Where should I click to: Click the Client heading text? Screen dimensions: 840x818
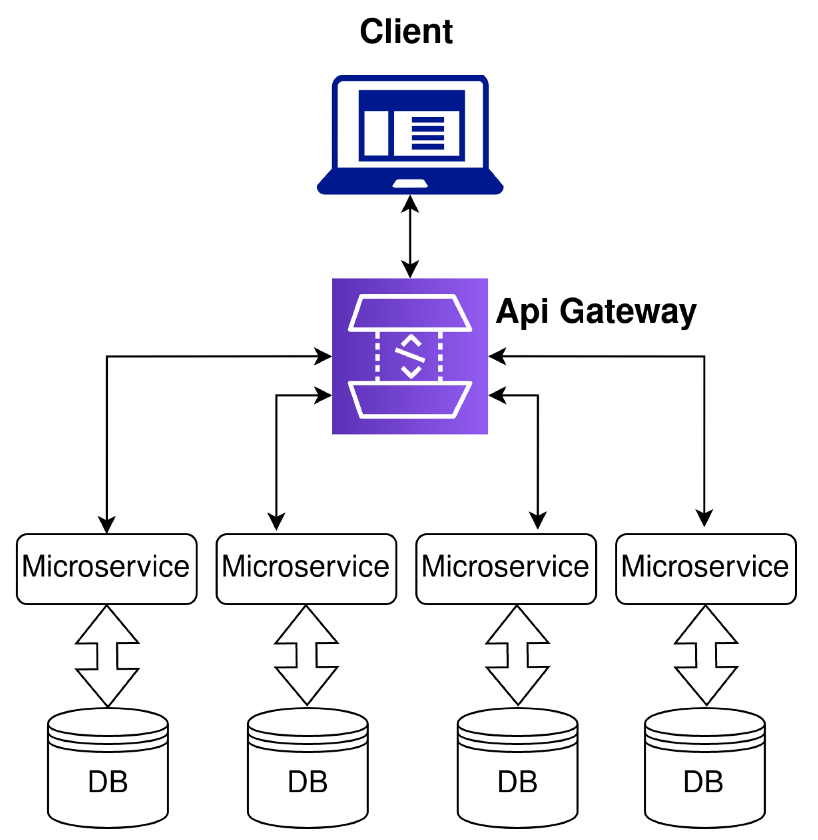click(x=406, y=32)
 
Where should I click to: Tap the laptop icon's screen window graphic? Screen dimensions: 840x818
click(x=411, y=125)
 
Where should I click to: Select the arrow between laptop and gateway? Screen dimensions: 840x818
click(x=410, y=237)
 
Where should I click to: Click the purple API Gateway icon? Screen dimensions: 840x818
click(x=410, y=356)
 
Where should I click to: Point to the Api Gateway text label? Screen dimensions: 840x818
click(x=595, y=312)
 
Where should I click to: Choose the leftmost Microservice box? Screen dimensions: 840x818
click(x=106, y=569)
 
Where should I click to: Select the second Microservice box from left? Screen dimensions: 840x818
click(x=306, y=569)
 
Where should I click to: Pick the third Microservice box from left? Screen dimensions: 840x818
click(x=506, y=569)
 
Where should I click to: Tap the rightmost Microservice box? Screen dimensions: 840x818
click(x=706, y=569)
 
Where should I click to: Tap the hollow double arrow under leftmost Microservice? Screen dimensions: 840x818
click(x=107, y=656)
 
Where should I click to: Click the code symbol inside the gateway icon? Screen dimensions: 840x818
click(x=410, y=356)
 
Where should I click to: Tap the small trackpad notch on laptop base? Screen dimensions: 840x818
click(x=410, y=184)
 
